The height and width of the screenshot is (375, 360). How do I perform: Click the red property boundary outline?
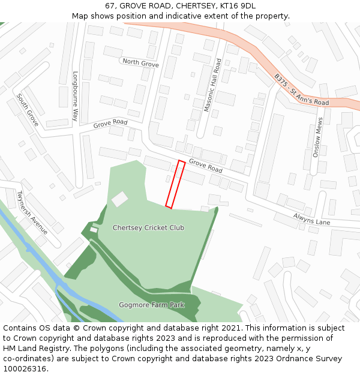tap(175, 184)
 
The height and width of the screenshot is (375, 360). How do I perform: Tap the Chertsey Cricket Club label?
tap(148, 228)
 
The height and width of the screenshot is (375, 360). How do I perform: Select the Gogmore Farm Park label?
tap(151, 305)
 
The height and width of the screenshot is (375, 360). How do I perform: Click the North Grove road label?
tap(140, 62)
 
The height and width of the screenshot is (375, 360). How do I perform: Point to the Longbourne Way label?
tap(76, 97)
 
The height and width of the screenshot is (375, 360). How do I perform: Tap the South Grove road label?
tap(28, 110)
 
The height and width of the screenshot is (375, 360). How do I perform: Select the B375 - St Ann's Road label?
tap(302, 90)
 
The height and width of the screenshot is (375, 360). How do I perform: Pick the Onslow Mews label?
tap(318, 137)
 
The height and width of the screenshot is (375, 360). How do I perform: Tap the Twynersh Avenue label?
tap(32, 213)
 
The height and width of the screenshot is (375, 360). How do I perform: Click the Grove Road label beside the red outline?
tap(205, 166)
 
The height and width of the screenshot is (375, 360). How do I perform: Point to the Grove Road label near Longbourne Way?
tap(110, 124)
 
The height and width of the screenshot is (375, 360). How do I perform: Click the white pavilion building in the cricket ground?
tap(120, 199)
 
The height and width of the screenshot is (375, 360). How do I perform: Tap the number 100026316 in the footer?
tap(25, 369)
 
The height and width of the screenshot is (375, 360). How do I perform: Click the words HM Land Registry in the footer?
tap(32, 349)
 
